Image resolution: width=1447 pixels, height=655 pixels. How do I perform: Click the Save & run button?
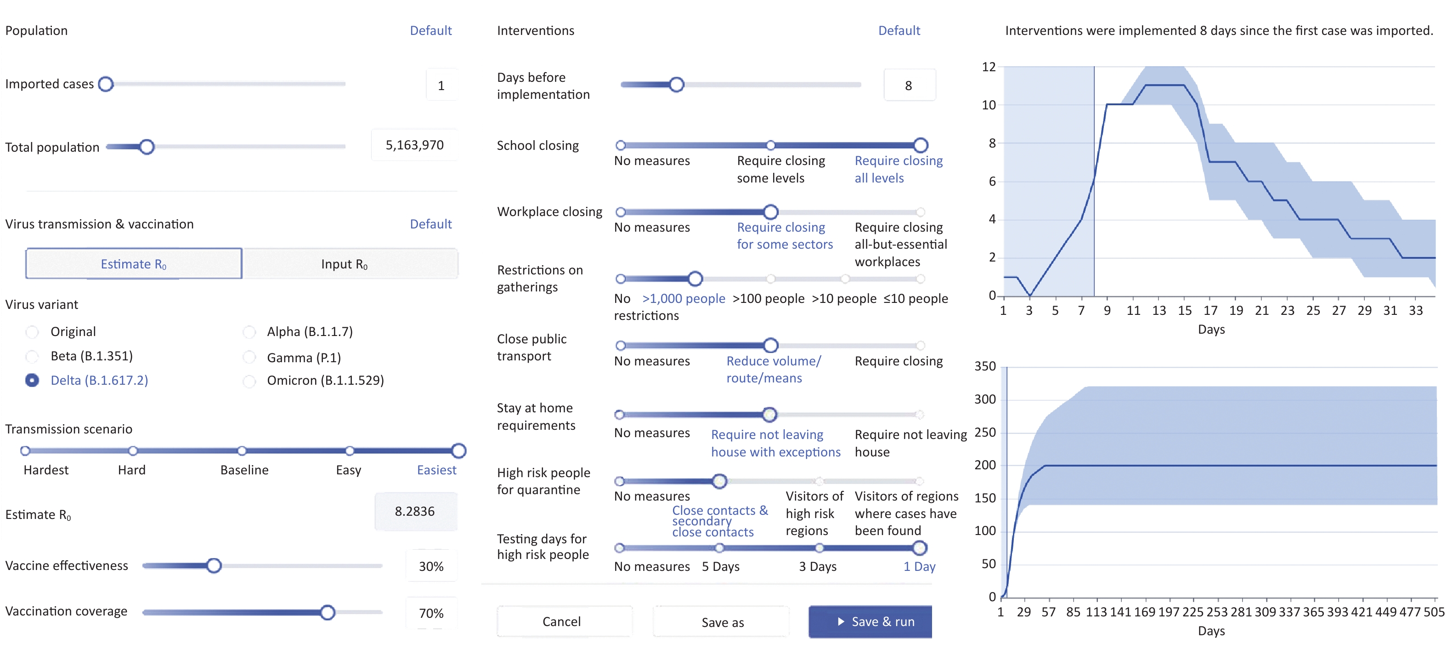[870, 621]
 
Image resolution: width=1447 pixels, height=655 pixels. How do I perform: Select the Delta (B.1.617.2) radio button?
[33, 381]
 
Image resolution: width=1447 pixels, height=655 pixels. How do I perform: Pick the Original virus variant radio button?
[33, 332]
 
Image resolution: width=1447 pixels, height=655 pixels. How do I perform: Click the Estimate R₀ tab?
[134, 264]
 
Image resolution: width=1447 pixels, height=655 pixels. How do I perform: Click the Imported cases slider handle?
[106, 84]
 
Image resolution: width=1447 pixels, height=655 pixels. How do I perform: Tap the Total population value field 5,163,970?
[414, 145]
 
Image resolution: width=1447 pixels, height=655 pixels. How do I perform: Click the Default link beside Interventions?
[899, 30]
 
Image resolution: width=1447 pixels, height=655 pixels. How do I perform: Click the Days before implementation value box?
[910, 85]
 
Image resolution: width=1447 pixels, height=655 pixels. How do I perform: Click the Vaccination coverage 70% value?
[431, 613]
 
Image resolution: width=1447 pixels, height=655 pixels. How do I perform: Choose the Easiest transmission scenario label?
[436, 470]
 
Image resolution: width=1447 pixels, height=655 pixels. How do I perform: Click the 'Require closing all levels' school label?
[898, 169]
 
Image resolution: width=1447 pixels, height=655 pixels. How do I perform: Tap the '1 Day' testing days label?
[919, 567]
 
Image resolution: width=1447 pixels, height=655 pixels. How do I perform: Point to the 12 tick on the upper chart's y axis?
[988, 67]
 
